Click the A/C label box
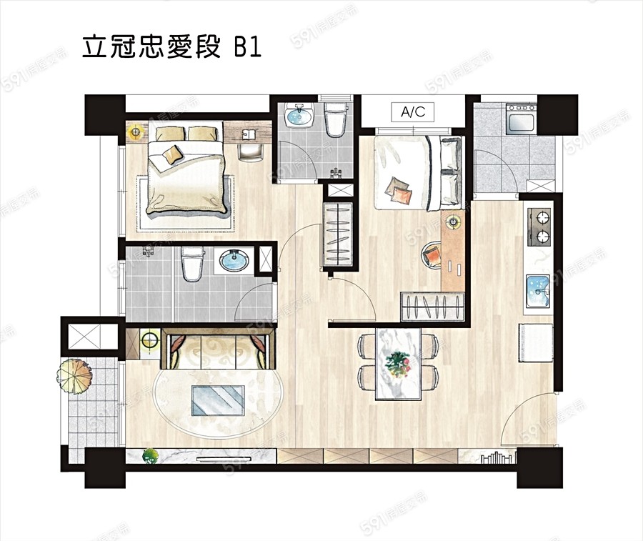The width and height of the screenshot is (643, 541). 413,111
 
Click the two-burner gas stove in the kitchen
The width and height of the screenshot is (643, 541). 539,225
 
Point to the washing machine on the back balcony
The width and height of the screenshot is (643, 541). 521,119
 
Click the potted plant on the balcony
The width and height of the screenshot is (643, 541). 74,374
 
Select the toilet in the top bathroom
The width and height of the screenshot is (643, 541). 334,120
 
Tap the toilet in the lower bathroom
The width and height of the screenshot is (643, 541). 192,264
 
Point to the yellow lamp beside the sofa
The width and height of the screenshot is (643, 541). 149,340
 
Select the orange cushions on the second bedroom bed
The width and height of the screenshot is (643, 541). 398,191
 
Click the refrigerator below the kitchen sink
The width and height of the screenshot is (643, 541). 535,342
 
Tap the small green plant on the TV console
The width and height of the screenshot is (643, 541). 150,455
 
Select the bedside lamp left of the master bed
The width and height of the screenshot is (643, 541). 136,131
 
